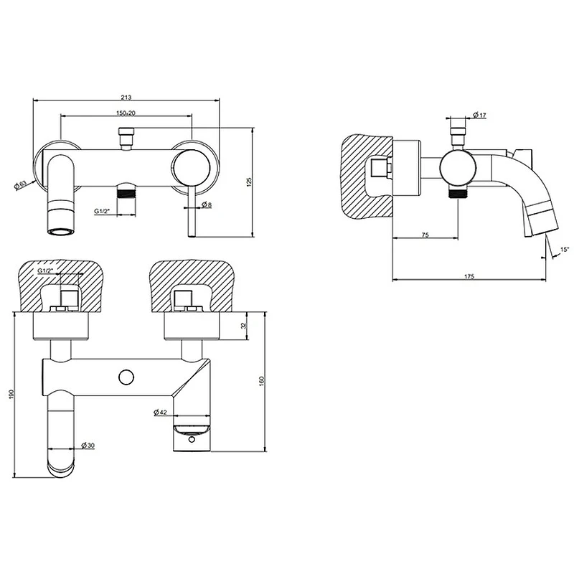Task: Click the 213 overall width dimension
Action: point(126,97)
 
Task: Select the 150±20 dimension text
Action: point(126,113)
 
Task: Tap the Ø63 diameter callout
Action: point(21,185)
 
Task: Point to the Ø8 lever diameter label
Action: point(207,204)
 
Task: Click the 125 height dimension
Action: point(249,182)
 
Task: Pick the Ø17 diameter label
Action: point(479,116)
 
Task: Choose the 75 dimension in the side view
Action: point(425,235)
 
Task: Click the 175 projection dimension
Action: point(469,276)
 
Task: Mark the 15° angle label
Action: point(565,249)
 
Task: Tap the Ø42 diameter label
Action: point(160,412)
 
